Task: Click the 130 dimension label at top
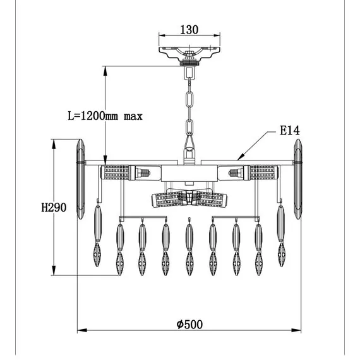pyautogui.click(x=189, y=30)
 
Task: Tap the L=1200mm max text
pyautogui.click(x=105, y=116)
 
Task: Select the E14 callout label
pyautogui.click(x=290, y=130)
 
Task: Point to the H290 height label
pyautogui.click(x=54, y=207)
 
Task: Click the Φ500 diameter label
pyautogui.click(x=189, y=324)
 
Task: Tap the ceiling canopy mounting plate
pyautogui.click(x=189, y=54)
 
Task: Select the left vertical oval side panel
pyautogui.click(x=80, y=179)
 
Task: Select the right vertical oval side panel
pyautogui.click(x=297, y=179)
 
